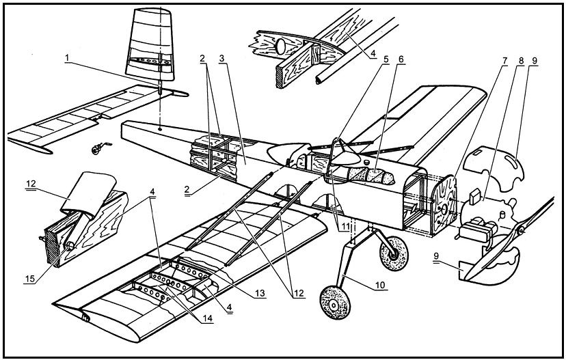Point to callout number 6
(401, 59)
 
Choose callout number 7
(504, 59)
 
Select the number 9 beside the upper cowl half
(533, 59)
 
